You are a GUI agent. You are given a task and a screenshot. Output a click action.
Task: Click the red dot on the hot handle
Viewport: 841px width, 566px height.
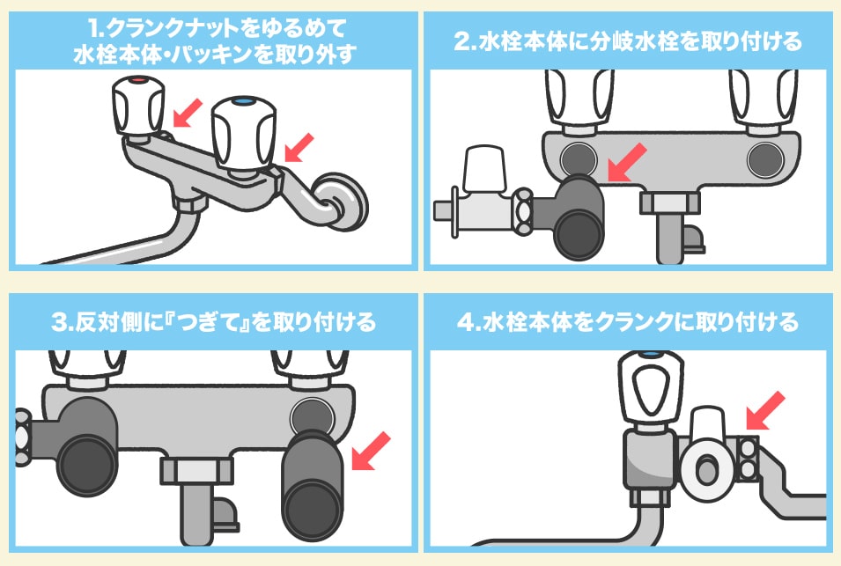(x=138, y=80)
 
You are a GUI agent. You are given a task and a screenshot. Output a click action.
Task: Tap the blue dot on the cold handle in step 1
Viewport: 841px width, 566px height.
(x=244, y=100)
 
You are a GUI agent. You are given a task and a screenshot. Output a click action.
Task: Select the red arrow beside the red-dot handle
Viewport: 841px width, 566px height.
(x=188, y=113)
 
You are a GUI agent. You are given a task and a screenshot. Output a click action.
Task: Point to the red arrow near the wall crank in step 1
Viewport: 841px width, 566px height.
(x=299, y=147)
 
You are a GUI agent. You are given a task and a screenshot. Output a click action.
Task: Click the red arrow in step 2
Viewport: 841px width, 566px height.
(x=626, y=163)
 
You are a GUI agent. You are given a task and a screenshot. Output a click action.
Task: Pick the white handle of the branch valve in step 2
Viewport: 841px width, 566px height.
(x=484, y=168)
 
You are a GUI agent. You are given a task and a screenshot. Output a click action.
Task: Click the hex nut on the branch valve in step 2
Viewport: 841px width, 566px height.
(x=523, y=211)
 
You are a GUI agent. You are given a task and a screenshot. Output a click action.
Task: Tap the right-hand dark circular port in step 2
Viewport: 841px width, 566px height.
(x=765, y=159)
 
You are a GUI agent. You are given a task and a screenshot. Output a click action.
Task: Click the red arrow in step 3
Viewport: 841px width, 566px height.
(x=371, y=452)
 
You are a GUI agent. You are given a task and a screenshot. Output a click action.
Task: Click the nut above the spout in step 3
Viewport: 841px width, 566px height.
(x=197, y=471)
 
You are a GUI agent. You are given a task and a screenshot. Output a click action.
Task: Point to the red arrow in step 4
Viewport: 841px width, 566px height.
(x=765, y=410)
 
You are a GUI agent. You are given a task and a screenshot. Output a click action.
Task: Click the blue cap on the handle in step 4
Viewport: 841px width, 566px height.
(x=651, y=354)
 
